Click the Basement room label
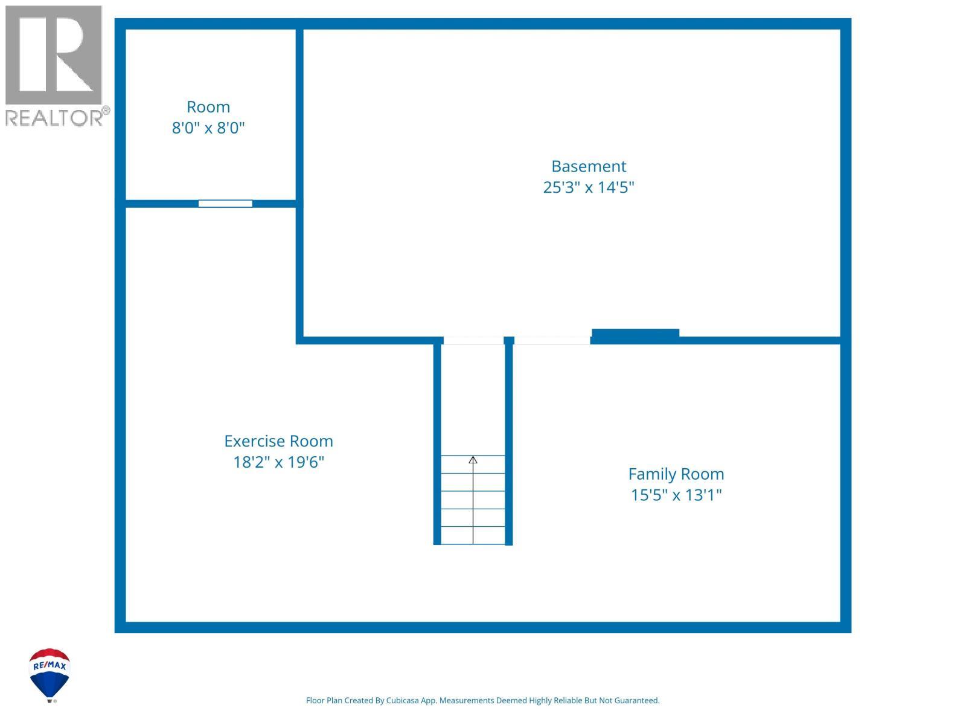pyautogui.click(x=589, y=166)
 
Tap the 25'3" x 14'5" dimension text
pyautogui.click(x=589, y=187)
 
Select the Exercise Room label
pyautogui.click(x=278, y=441)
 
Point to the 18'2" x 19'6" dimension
pyautogui.click(x=278, y=462)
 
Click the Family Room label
pyautogui.click(x=676, y=474)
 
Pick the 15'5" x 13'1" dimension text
pyautogui.click(x=676, y=495)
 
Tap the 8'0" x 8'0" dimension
pyautogui.click(x=208, y=128)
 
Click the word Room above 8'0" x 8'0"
pyautogui.click(x=208, y=107)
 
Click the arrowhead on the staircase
pyautogui.click(x=473, y=460)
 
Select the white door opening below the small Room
pyautogui.click(x=225, y=204)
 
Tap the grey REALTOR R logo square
pyautogui.click(x=53, y=55)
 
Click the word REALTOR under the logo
pyautogui.click(x=54, y=118)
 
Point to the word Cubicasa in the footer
pyautogui.click(x=402, y=700)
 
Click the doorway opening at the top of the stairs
pyautogui.click(x=473, y=341)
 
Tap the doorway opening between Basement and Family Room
pyautogui.click(x=552, y=341)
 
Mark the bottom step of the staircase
pyautogui.click(x=473, y=535)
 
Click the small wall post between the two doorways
pyautogui.click(x=509, y=341)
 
